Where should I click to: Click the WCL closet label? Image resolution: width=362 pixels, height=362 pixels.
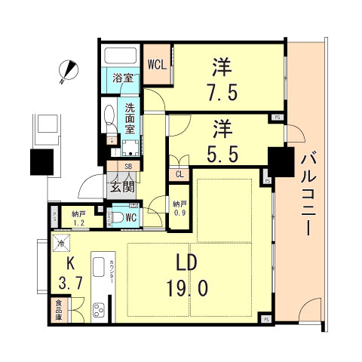157,63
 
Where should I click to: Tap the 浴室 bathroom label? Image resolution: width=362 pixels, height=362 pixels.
124,78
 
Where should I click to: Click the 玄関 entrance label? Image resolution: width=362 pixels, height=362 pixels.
121,189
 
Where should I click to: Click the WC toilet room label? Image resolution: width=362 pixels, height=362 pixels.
130,217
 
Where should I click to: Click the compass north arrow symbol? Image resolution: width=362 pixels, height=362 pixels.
69,71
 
